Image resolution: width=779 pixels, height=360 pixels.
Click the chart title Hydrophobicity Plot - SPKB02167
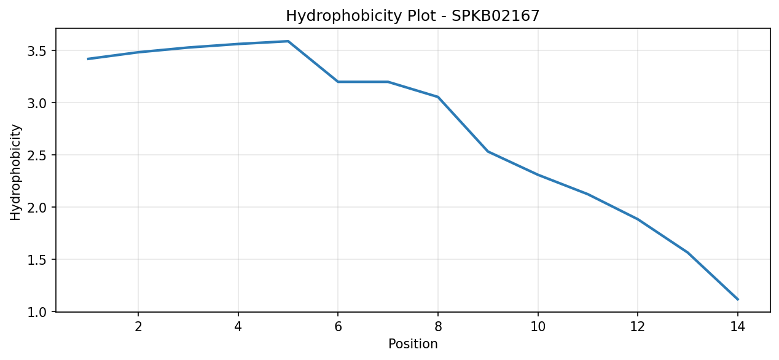pos(412,16)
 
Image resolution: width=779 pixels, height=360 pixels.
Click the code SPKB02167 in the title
pos(495,15)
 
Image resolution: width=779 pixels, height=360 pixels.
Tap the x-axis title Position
pos(413,343)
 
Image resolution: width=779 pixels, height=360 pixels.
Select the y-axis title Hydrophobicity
pos(15,172)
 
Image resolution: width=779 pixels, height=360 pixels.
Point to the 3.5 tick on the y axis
pos(36,51)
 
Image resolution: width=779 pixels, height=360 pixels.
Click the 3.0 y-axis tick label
pos(36,103)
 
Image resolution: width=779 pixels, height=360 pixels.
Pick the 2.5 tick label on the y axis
pos(36,155)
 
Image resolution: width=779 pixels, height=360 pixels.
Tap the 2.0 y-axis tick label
pos(36,207)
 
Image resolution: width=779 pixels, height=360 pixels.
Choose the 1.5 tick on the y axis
pos(36,259)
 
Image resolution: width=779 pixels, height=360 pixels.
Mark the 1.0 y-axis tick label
pos(36,311)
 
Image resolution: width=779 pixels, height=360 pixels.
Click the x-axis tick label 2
pos(138,327)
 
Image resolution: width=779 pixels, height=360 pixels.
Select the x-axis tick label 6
pos(338,327)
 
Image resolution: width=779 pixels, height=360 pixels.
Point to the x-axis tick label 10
pos(538,327)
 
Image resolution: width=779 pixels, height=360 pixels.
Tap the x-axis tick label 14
pos(737,327)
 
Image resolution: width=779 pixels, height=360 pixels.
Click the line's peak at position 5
pos(288,41)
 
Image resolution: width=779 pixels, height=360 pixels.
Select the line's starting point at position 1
pos(88,59)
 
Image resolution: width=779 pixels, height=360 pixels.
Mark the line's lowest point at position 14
pos(738,299)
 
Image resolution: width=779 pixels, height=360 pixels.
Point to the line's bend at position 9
pos(488,151)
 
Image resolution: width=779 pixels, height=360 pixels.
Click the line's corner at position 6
pos(338,82)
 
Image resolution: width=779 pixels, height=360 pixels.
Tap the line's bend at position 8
pos(438,97)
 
